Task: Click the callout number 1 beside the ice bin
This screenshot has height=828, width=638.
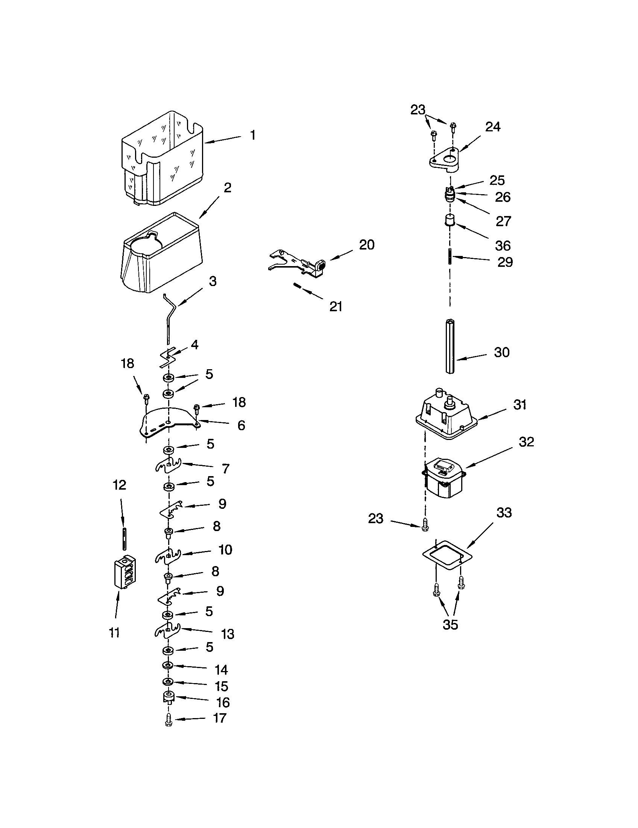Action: click(x=253, y=135)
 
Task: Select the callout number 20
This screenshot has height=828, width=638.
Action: click(x=366, y=245)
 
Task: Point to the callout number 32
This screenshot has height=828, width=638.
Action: click(x=526, y=442)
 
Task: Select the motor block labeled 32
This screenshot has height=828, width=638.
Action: click(x=443, y=478)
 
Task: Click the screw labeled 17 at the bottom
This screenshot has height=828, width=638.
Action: click(x=169, y=720)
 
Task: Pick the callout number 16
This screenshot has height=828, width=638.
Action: click(x=223, y=703)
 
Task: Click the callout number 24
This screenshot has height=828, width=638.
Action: click(x=492, y=127)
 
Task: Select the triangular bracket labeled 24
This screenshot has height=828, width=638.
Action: click(x=445, y=158)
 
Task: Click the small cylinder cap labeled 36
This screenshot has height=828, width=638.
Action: click(x=450, y=220)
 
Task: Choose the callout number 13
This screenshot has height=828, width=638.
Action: click(x=227, y=634)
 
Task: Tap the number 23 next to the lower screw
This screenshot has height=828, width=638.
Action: click(x=375, y=519)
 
